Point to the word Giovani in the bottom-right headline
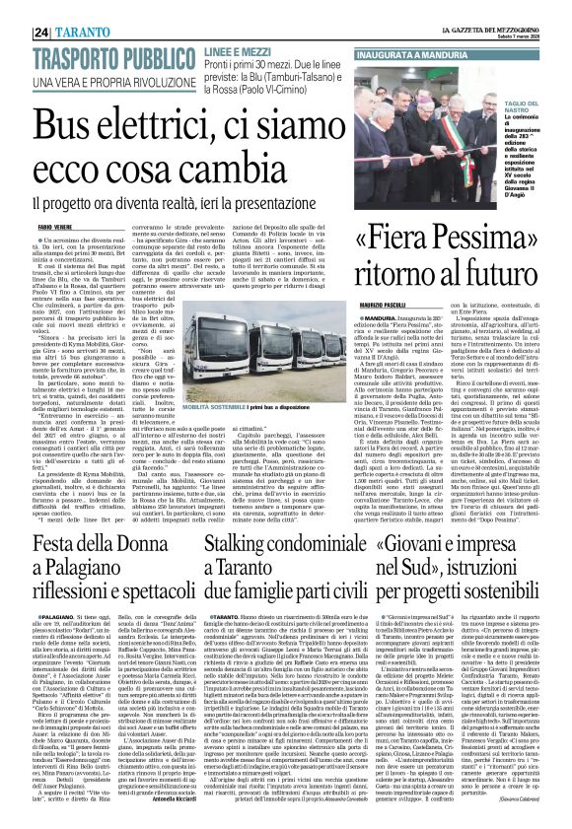click(x=441, y=541)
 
